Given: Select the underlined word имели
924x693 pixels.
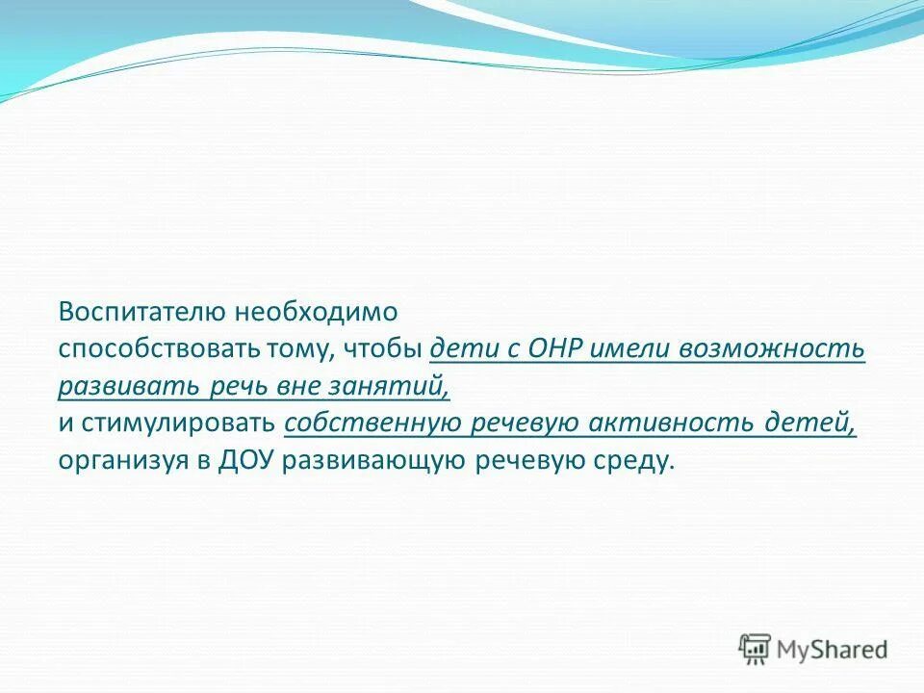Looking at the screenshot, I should coord(630,349).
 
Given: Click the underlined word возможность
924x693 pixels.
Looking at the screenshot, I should coord(774,349).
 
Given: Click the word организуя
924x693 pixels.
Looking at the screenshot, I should coord(122,461).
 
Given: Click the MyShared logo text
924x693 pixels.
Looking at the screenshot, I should coord(834,649).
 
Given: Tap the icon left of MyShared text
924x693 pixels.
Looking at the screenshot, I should coord(756,650).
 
